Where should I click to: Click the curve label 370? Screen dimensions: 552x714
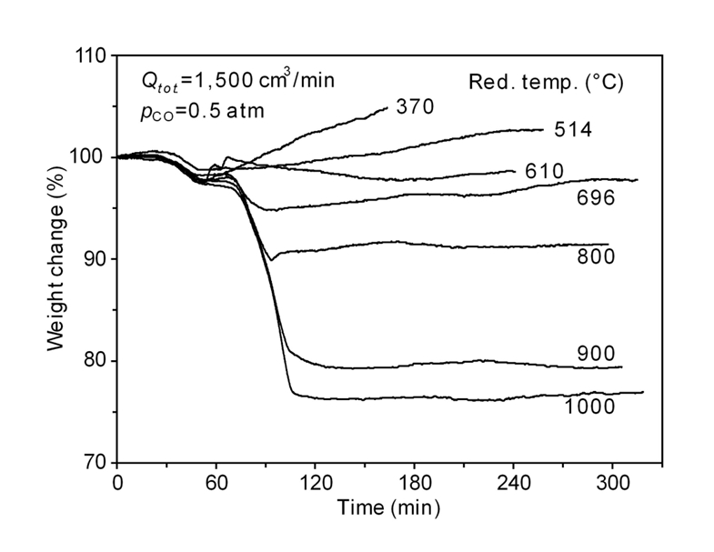click(x=415, y=106)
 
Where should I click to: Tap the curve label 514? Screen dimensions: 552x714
click(x=574, y=130)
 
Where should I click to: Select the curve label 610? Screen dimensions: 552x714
click(x=545, y=171)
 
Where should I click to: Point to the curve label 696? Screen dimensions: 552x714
click(x=596, y=196)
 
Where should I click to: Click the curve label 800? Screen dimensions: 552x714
click(x=596, y=256)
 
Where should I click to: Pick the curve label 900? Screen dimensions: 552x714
click(x=596, y=353)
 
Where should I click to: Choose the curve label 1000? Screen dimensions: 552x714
click(x=590, y=406)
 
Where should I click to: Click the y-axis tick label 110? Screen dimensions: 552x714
click(x=90, y=56)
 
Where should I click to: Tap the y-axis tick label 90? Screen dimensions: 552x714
click(x=95, y=260)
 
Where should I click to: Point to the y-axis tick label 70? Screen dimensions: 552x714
click(x=95, y=463)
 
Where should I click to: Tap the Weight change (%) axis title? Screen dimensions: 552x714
click(x=56, y=260)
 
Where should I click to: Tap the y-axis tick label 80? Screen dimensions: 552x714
click(x=95, y=362)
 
